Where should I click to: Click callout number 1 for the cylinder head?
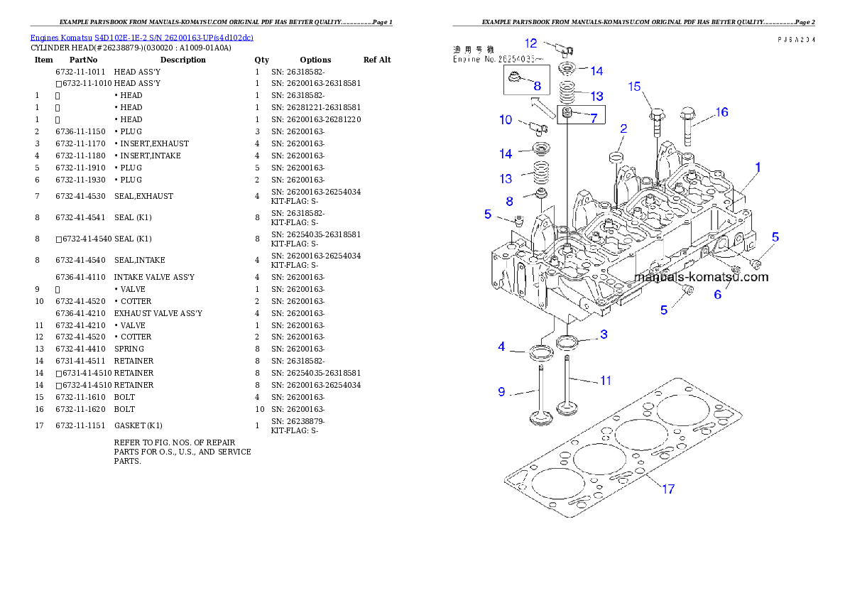pyautogui.click(x=758, y=168)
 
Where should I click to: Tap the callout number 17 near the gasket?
pyautogui.click(x=668, y=489)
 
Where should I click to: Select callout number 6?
pyautogui.click(x=718, y=294)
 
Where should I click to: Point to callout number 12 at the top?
pyautogui.click(x=531, y=43)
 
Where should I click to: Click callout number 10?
pyautogui.click(x=506, y=120)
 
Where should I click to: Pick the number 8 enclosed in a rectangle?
pyautogui.click(x=537, y=86)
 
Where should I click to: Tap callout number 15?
pyautogui.click(x=634, y=87)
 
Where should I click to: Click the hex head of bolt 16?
pyautogui.click(x=687, y=112)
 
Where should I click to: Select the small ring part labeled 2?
pyautogui.click(x=616, y=156)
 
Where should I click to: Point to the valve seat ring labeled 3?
pyautogui.click(x=567, y=343)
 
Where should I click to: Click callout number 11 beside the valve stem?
pyautogui.click(x=605, y=381)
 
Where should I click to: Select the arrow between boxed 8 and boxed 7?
pyautogui.click(x=543, y=107)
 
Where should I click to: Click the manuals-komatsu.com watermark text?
pyautogui.click(x=701, y=277)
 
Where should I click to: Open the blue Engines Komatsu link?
pyautogui.click(x=141, y=37)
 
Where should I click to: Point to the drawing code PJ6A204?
pyautogui.click(x=796, y=40)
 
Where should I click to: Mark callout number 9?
pyautogui.click(x=501, y=391)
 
